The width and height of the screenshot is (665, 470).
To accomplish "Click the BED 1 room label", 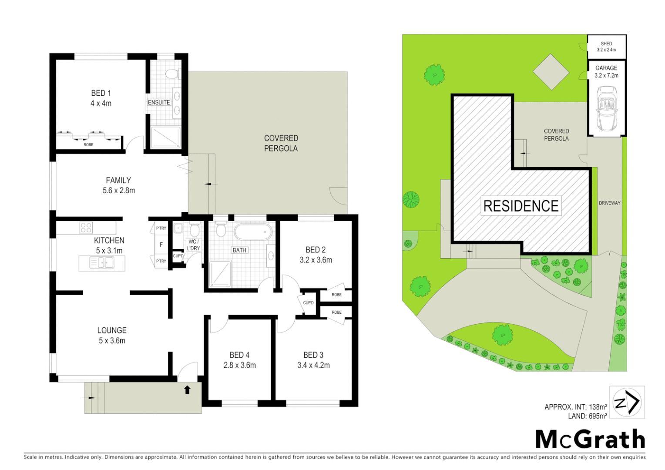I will tap(101, 93).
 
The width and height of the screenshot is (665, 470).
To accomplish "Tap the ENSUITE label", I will tap(159, 102).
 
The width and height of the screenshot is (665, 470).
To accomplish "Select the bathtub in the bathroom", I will tap(253, 232).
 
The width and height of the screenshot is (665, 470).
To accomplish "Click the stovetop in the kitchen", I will tap(86, 228).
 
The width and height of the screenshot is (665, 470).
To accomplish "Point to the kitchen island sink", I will tap(102, 263).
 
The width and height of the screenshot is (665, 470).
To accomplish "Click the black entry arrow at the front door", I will tap(187, 389).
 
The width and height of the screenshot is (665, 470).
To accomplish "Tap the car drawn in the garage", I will tap(607, 109).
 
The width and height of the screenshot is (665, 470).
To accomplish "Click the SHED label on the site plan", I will tap(606, 44).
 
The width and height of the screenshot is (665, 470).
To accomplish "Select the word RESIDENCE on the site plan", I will tap(521, 206).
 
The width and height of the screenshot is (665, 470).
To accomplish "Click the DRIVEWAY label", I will tap(609, 203).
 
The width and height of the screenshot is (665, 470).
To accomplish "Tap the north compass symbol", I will tap(627, 402).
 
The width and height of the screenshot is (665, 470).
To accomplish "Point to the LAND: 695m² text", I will tap(587, 416).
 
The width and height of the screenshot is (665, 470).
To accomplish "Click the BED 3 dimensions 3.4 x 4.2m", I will tap(313, 366).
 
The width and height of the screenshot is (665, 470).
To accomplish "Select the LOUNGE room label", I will tap(112, 331).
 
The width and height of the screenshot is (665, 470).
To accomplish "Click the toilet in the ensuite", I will tap(172, 74).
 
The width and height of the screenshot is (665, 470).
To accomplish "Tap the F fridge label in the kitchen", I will tap(161, 245).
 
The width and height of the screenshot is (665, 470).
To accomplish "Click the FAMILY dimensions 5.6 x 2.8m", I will tap(119, 191).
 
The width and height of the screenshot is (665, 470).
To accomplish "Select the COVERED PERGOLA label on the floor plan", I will tap(281, 143).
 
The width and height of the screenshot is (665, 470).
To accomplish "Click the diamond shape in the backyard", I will tap(551, 72).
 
